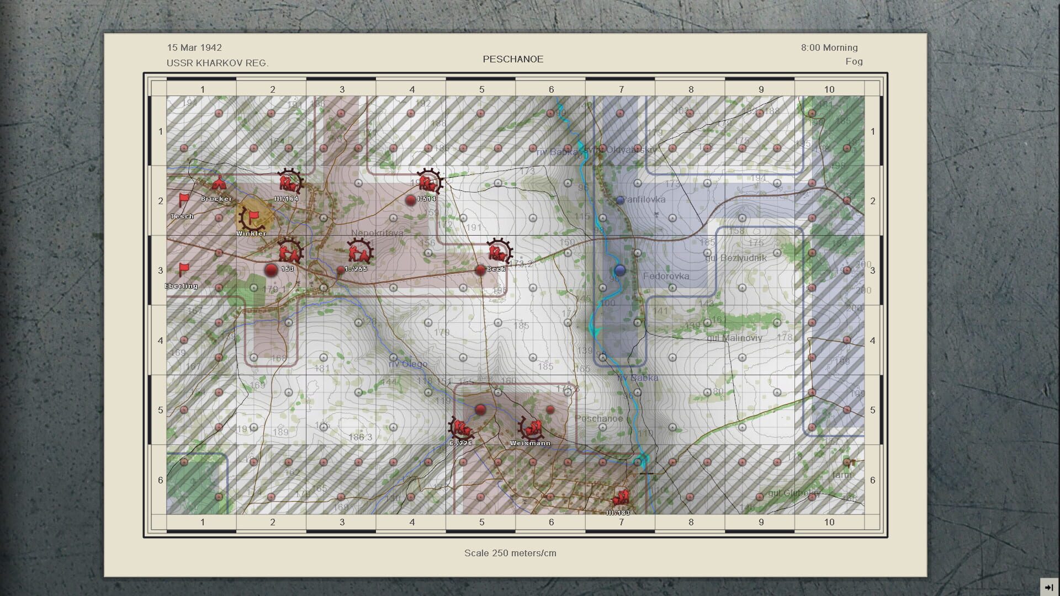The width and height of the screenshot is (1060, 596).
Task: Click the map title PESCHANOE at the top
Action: point(513,59)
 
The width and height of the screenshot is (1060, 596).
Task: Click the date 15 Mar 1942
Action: point(194,47)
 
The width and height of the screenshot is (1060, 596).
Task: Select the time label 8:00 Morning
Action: point(829,47)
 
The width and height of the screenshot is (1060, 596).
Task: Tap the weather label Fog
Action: point(854,61)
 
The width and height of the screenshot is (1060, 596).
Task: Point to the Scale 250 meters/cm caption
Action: point(510,553)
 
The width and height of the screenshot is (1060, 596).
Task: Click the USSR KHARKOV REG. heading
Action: point(218,63)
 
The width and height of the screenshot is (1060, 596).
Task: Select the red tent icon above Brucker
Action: point(218,183)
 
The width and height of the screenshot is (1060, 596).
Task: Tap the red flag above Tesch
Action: point(183,199)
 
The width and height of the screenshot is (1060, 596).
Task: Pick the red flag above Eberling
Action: point(183,269)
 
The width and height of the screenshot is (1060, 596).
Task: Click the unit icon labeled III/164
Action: point(287,182)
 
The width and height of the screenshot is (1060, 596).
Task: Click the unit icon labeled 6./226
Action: point(460,428)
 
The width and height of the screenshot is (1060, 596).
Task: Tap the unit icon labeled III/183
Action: point(621,498)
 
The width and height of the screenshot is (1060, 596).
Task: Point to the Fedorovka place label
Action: point(666,276)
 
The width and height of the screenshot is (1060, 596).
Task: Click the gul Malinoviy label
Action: point(734,338)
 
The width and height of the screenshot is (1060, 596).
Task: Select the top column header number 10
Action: point(829,89)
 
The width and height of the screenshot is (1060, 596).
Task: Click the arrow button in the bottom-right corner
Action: point(1048,587)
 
